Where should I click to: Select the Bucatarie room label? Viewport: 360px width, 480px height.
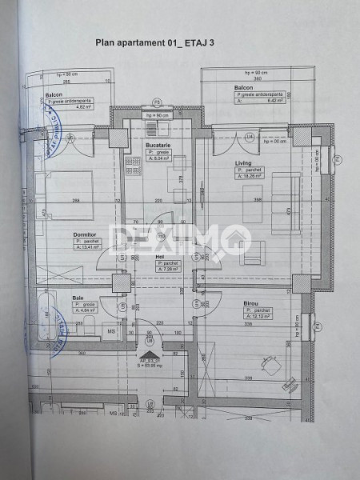pos(158,143)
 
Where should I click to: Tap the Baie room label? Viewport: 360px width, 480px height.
pos(78,298)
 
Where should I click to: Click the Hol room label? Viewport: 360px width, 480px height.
pos(161,257)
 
